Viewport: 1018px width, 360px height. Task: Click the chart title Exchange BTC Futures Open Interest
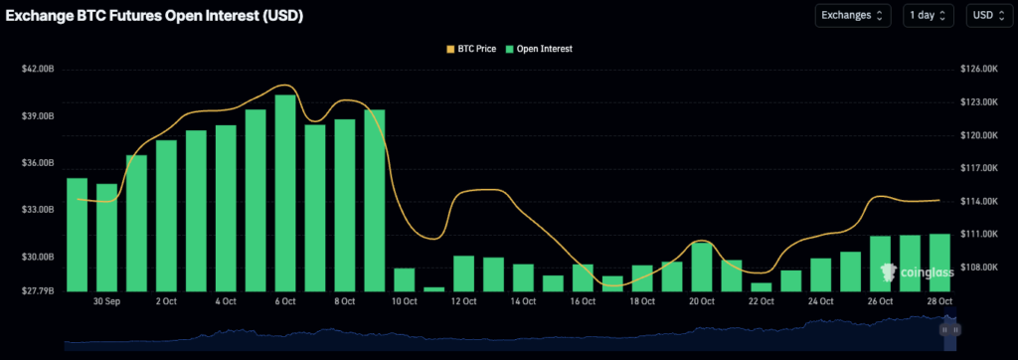[x=154, y=16]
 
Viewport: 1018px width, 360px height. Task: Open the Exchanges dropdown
[x=853, y=15]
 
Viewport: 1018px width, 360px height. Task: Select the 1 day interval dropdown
[x=929, y=15]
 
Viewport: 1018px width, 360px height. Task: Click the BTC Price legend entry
[x=470, y=48]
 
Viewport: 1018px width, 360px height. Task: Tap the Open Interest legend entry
[x=539, y=48]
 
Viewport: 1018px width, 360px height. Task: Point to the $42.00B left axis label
[x=38, y=69]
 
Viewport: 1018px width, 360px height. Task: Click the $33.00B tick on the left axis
[x=38, y=210]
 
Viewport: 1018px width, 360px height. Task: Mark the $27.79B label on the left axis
[x=38, y=290]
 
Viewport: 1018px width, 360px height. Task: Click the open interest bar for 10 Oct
[x=405, y=279]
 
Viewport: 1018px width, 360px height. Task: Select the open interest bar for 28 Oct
[x=939, y=262]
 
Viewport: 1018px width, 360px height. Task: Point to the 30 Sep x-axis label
[x=106, y=300]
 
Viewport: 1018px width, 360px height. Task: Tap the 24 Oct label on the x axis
[x=820, y=300]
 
